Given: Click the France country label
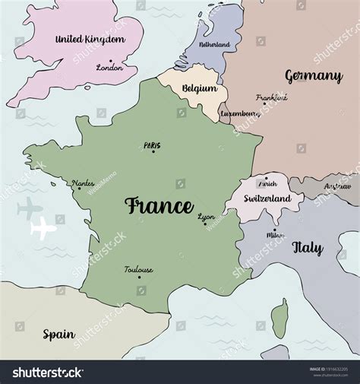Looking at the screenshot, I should click(159, 205).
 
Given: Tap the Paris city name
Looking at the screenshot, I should click(152, 144).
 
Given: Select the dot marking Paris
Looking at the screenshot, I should click(153, 151).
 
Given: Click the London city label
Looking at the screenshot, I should click(109, 68).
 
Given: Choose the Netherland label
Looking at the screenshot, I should click(214, 45).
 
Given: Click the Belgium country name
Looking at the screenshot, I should click(199, 88).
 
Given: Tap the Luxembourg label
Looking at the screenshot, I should click(240, 114).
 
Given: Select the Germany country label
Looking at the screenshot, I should click(314, 76).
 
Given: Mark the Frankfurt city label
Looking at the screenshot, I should click(272, 97).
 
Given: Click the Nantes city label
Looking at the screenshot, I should click(83, 183).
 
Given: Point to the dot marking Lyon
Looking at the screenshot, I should click(204, 224).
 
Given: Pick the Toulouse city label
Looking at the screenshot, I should click(139, 269).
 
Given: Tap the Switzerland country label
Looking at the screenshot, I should click(267, 198).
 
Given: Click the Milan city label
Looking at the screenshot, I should click(276, 235).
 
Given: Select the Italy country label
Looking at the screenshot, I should click(308, 248).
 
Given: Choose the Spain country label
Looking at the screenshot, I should click(58, 334).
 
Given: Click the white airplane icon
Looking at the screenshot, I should click(44, 227).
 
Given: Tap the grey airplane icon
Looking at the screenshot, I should click(30, 205).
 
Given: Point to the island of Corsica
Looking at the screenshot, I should click(280, 318).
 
